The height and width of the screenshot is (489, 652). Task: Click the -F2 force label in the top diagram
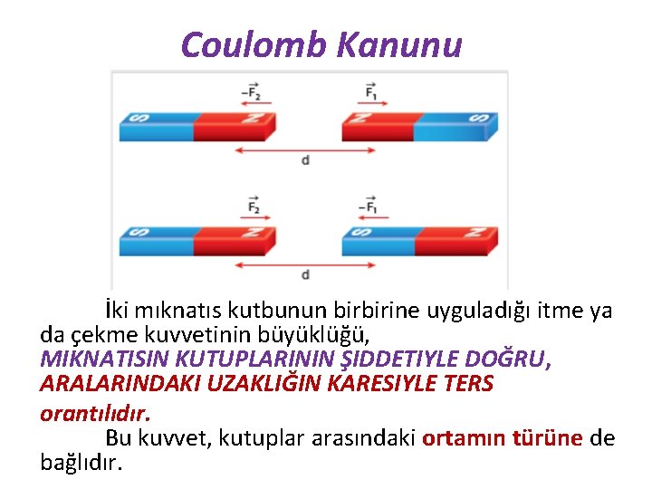[251, 91]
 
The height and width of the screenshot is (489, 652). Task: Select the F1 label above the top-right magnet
[371, 91]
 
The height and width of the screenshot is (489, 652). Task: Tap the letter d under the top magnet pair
[305, 160]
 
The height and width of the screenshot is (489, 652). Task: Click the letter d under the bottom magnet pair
[305, 273]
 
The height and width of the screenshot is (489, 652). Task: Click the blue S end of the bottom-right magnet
[376, 239]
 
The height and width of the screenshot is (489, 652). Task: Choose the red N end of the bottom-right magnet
[453, 239]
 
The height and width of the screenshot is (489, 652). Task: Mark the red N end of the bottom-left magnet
[231, 239]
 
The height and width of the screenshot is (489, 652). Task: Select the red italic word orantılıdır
[95, 413]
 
